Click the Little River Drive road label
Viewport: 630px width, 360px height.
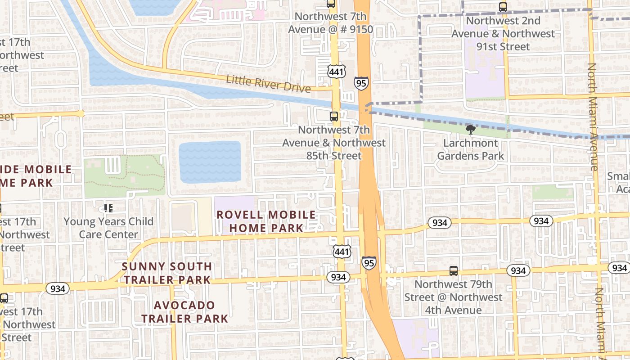coord(269,83)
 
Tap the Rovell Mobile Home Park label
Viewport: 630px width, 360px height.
coord(266,221)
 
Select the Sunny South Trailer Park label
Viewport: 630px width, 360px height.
coord(167,273)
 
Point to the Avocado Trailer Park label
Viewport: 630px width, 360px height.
coord(184,312)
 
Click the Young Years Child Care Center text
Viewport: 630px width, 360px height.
coord(108,228)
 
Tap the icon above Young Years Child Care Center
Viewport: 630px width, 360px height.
coord(108,208)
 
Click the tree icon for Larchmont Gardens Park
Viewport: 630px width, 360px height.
coord(471,130)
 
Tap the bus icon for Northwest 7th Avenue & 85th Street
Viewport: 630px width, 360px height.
coord(334,117)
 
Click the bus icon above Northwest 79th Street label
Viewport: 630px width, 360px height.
coord(454,271)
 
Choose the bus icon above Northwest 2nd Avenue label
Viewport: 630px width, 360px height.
coord(503,7)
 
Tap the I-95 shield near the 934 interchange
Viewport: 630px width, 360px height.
coord(369,263)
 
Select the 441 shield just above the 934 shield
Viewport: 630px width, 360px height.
coord(342,252)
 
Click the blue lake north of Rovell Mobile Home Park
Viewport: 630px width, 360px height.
coord(210,162)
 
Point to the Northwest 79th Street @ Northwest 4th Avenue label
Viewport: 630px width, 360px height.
coord(453,297)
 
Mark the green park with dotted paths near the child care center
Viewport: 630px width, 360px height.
coord(124,176)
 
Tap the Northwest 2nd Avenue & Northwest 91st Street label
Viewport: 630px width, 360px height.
coord(503,34)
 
